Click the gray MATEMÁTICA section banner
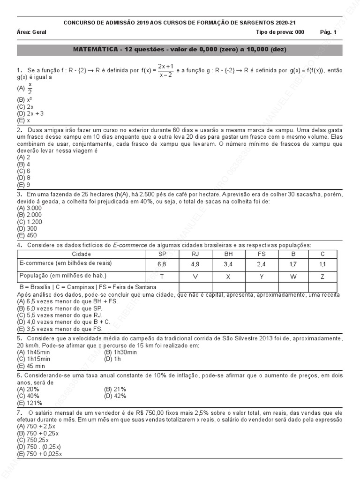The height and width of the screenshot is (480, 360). [x=180, y=50]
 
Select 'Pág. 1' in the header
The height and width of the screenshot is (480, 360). [x=328, y=32]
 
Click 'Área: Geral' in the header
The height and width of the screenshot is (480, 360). [x=31, y=32]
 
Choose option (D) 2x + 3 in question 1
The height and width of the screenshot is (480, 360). [x=30, y=113]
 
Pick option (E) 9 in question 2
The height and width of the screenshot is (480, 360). [x=23, y=185]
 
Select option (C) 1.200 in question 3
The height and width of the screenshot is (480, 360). [x=30, y=222]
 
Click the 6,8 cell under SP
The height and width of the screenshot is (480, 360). [x=162, y=264]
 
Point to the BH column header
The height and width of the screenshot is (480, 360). [x=228, y=254]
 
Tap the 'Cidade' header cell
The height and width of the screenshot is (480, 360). [x=82, y=254]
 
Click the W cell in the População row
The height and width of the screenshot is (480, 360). [x=293, y=277]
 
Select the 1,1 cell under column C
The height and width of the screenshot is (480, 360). [x=322, y=264]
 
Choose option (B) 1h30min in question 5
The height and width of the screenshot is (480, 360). [x=120, y=352]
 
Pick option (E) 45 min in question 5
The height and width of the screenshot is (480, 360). [x=31, y=366]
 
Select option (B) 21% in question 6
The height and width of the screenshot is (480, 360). [x=115, y=389]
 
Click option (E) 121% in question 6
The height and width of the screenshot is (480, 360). [x=30, y=403]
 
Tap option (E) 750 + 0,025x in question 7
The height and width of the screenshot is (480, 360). [x=40, y=454]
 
